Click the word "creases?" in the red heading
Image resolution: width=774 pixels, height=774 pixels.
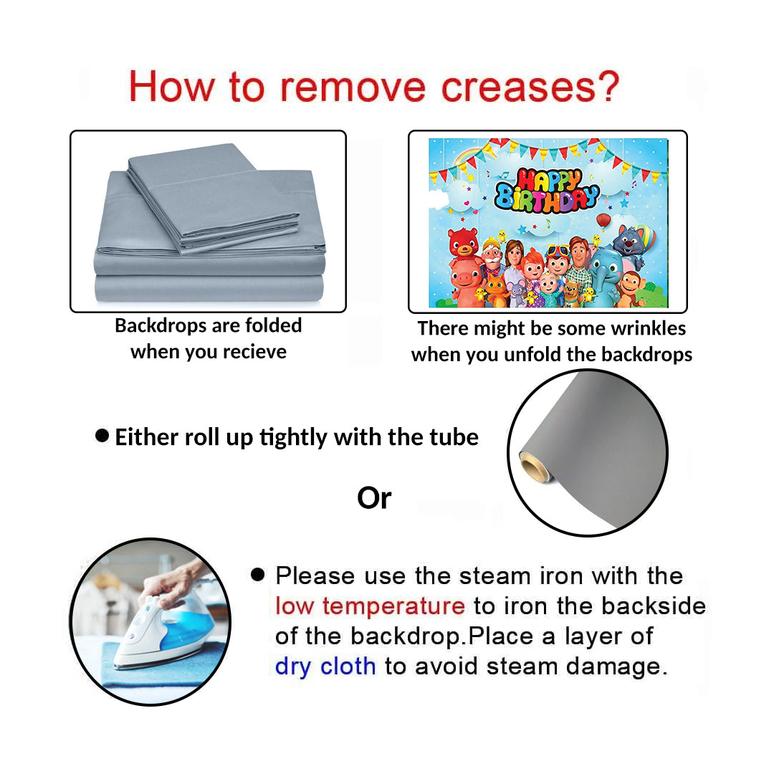[530, 87]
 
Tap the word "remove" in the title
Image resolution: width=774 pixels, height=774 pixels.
[353, 87]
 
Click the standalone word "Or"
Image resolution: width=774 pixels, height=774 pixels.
[374, 498]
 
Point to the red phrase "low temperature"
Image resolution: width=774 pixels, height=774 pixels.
[370, 606]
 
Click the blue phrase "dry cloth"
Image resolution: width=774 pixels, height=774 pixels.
[325, 666]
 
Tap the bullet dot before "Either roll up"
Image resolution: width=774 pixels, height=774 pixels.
[102, 436]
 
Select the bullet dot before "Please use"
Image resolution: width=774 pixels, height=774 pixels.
[258, 575]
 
